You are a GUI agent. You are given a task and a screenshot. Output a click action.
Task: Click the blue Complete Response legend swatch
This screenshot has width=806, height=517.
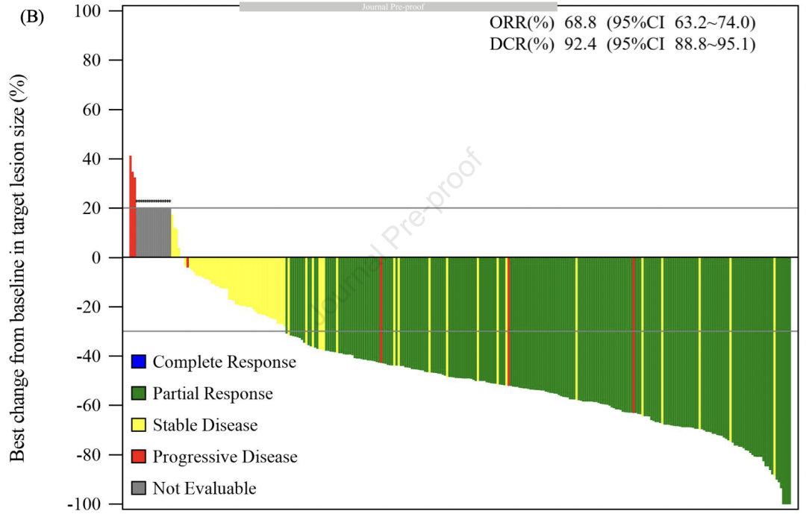(139, 363)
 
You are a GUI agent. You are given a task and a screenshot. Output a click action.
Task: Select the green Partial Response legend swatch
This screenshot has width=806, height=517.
(139, 394)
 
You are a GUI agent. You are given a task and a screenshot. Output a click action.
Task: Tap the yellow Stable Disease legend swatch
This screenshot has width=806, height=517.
(139, 425)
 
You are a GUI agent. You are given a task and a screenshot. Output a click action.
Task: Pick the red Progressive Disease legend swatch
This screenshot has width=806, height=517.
(139, 457)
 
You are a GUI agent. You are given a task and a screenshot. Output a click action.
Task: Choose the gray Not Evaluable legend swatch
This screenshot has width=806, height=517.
(139, 489)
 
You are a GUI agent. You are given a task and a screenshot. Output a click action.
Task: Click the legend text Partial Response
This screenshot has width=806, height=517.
(213, 394)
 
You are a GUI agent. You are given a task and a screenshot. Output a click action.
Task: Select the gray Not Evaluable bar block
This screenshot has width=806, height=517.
(153, 232)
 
